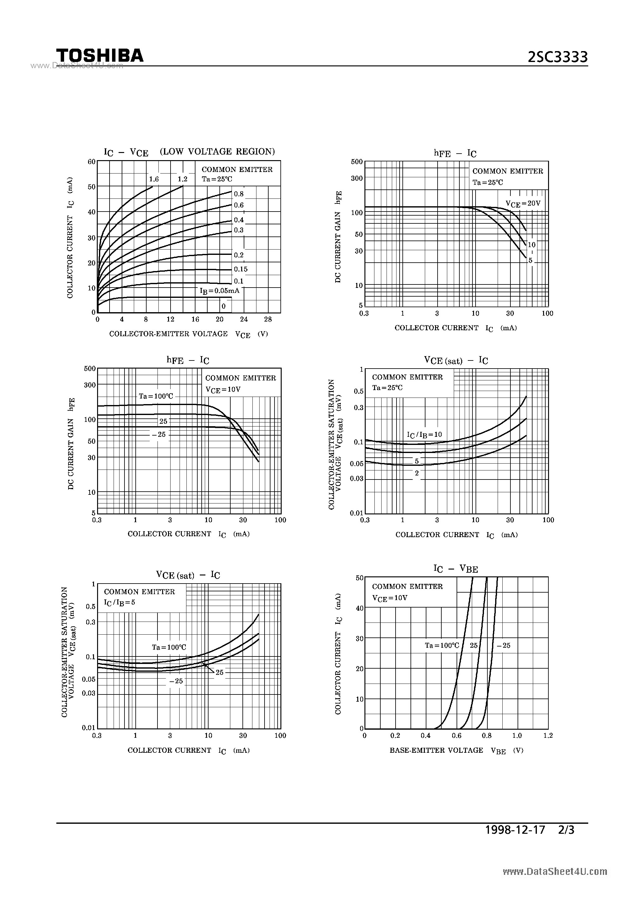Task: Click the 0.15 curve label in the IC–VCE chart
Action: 241,269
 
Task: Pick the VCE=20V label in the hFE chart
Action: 523,203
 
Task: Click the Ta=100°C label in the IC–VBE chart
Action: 442,646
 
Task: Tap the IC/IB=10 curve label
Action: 424,435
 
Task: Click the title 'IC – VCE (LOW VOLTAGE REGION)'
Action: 189,152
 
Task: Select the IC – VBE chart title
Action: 456,569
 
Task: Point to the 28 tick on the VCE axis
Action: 268,319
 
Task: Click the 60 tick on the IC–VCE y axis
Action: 92,162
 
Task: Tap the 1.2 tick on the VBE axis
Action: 548,735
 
